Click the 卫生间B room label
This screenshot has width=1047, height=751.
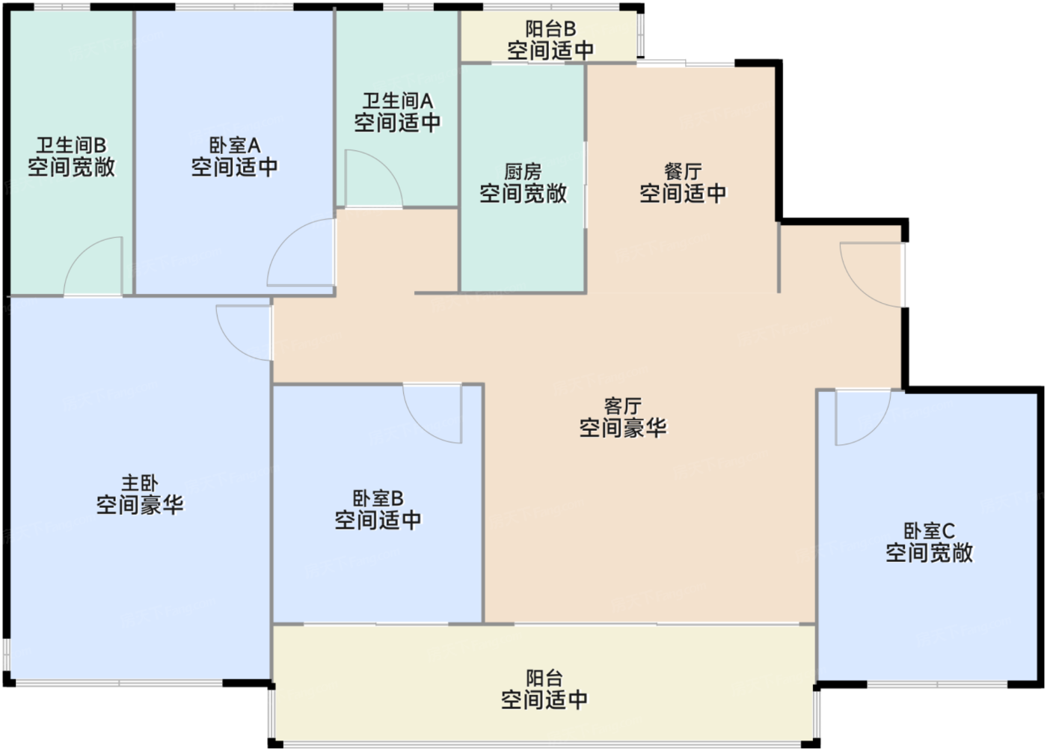(71, 145)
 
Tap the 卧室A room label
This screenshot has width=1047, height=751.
(234, 145)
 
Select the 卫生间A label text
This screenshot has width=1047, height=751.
(397, 100)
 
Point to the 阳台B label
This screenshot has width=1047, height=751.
(550, 29)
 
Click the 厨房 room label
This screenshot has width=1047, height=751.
(523, 171)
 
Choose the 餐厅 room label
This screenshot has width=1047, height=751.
(683, 171)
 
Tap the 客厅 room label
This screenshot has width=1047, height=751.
(622, 406)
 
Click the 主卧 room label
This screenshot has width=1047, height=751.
(140, 483)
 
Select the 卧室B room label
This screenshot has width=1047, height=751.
(378, 498)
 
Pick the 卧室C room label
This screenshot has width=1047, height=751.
(929, 531)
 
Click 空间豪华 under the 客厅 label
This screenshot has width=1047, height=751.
(622, 429)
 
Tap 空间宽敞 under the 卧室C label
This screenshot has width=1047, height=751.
(929, 554)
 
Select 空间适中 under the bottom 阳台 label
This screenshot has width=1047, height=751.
(544, 700)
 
